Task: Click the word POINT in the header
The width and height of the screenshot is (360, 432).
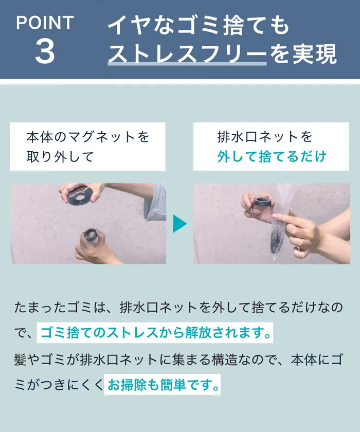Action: pyautogui.click(x=45, y=22)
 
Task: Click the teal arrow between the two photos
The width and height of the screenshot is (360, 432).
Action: pyautogui.click(x=179, y=223)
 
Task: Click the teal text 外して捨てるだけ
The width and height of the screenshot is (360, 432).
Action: pyautogui.click(x=272, y=157)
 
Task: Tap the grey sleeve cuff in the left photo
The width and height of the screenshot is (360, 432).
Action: pyautogui.click(x=155, y=203)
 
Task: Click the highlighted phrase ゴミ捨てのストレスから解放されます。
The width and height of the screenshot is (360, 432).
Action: pyautogui.click(x=155, y=333)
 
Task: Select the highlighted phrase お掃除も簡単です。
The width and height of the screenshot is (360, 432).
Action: pyautogui.click(x=163, y=385)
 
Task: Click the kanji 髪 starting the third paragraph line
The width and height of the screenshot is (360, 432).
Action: pyautogui.click(x=21, y=359)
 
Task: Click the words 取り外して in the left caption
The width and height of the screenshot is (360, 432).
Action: pyautogui.click(x=61, y=157)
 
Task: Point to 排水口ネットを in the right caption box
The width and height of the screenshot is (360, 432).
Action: pyautogui.click(x=265, y=137)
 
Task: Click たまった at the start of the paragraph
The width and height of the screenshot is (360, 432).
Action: pyautogui.click(x=40, y=307)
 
